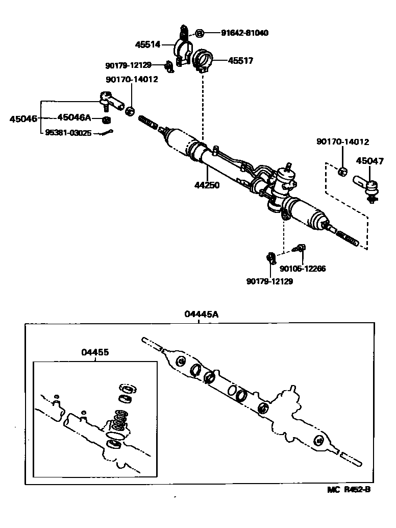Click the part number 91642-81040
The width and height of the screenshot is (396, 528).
click(x=244, y=33)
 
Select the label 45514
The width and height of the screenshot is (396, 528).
click(x=147, y=45)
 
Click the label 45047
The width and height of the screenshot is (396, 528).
click(x=369, y=161)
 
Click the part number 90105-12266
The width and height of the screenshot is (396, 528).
click(x=303, y=269)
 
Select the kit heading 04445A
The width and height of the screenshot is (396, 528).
click(x=201, y=315)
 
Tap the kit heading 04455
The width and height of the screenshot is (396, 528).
click(x=95, y=352)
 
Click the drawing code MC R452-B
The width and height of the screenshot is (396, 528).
click(x=349, y=490)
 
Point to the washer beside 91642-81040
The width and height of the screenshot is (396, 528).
click(x=201, y=33)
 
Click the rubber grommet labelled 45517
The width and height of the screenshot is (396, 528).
click(x=204, y=61)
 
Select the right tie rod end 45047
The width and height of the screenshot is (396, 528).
click(x=365, y=185)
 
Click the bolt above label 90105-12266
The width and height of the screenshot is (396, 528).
click(x=300, y=248)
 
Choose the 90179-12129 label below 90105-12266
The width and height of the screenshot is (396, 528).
click(x=269, y=281)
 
